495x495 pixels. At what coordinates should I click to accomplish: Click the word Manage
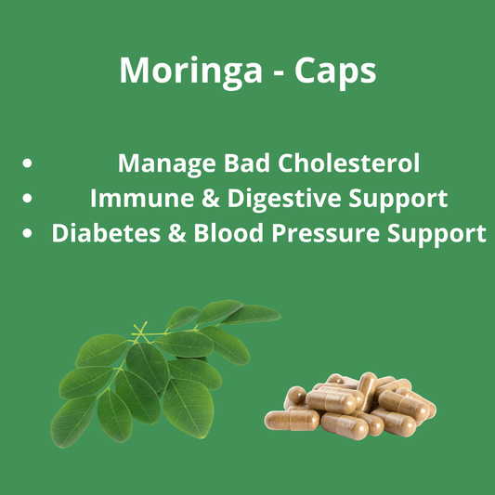point(163,163)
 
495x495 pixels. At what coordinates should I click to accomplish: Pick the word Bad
point(237,163)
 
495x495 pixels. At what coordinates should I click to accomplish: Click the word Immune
point(136,198)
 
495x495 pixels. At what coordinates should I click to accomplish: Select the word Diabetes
point(105,233)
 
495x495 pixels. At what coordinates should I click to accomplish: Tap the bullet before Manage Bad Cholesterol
point(28,164)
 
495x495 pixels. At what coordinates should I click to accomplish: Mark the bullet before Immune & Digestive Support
point(28,199)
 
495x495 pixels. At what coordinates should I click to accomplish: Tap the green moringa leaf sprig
point(149,371)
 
